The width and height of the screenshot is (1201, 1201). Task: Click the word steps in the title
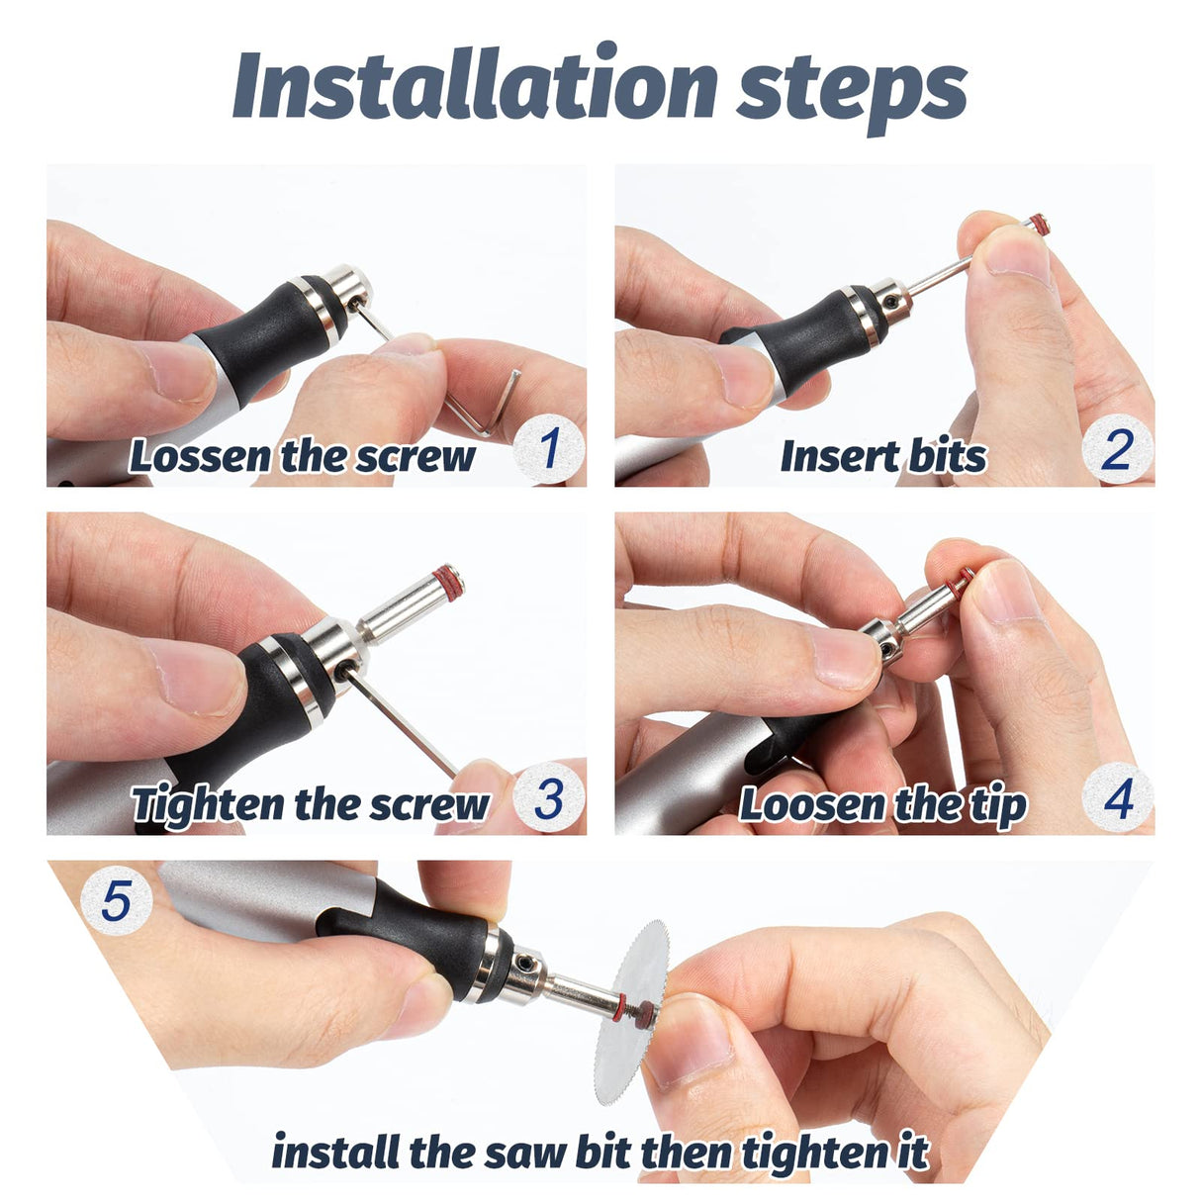(x=852, y=92)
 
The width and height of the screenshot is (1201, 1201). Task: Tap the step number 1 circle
(x=549, y=449)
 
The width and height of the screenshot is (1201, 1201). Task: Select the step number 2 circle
(x=1118, y=449)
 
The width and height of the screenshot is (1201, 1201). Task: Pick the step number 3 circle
(x=549, y=797)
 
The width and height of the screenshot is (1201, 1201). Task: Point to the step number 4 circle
(x=1118, y=797)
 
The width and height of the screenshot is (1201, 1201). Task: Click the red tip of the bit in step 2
(x=1039, y=225)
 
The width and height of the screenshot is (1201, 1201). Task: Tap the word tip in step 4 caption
(x=1001, y=805)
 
